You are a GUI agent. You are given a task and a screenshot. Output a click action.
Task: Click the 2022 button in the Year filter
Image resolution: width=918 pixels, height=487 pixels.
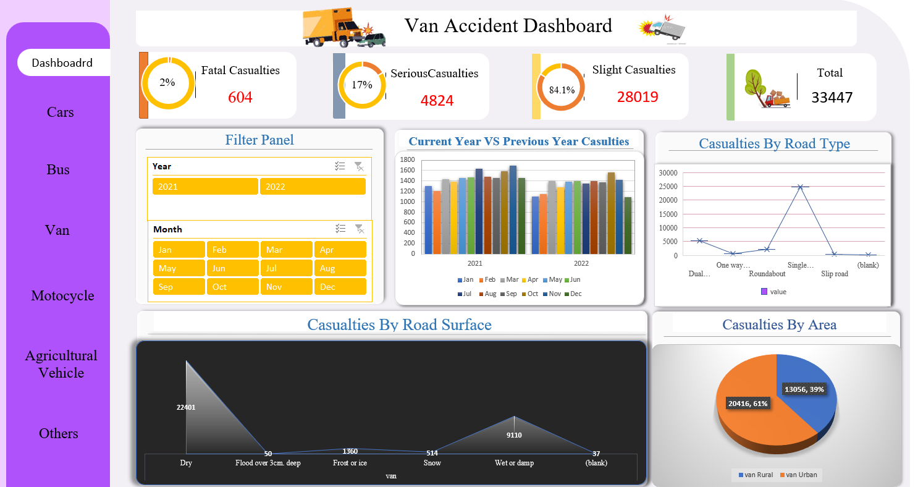coord(313,187)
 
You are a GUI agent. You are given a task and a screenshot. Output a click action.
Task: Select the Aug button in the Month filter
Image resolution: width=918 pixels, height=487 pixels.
coord(340,268)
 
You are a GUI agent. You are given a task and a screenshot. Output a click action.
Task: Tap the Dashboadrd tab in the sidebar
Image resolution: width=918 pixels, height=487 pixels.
coord(62,62)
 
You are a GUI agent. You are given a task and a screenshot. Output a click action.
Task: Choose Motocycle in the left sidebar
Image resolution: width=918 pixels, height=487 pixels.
coord(62,295)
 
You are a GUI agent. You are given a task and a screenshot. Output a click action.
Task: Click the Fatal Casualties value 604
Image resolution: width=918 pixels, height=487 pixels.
coord(240,97)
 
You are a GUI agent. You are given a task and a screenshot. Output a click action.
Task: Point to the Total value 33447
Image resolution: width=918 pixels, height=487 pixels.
coord(832,97)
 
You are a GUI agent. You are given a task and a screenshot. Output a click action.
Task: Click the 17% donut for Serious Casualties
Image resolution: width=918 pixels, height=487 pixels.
coord(362,85)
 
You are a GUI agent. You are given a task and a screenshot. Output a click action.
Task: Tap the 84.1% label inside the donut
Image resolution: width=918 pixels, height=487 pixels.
coord(562,90)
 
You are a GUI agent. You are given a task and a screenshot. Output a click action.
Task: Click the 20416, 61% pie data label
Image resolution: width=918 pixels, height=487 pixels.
coord(747,404)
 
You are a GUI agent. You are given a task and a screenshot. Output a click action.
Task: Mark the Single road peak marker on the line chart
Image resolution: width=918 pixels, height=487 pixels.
coord(800,187)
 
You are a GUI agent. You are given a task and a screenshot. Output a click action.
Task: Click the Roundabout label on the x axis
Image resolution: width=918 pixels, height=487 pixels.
coord(767,274)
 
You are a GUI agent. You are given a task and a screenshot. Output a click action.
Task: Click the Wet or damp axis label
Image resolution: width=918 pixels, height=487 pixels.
coord(514,463)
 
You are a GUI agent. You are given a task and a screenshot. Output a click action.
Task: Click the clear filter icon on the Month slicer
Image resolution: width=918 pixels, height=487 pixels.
coord(359,229)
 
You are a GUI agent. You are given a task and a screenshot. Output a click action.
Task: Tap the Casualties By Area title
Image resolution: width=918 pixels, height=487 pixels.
coord(779,325)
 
